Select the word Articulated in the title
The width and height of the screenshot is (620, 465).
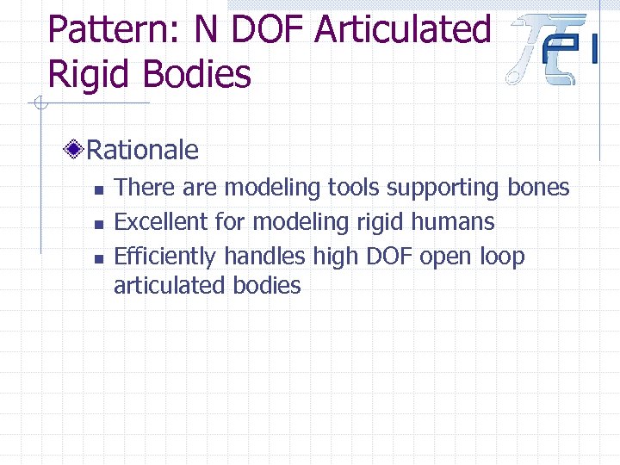[x=402, y=30]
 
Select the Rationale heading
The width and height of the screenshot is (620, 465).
[x=143, y=151]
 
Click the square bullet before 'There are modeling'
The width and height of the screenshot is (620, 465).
[x=98, y=189]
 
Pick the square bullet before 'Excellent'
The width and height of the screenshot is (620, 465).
[x=98, y=224]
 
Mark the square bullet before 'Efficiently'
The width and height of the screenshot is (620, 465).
[x=98, y=258]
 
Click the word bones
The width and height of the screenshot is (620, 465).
[x=539, y=187]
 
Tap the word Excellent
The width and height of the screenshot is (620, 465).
[x=161, y=221]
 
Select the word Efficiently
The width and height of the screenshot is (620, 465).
[x=165, y=257]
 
